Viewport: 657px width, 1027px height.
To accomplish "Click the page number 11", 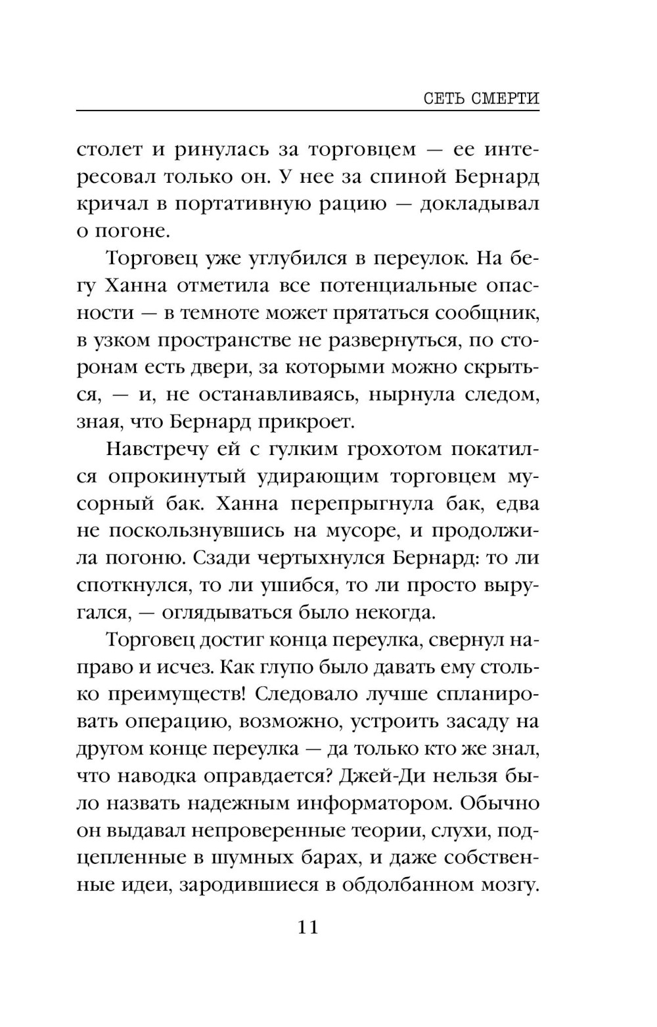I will tap(308, 928).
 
